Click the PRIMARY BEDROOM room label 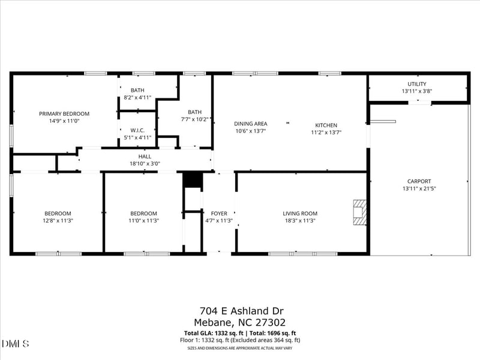pos(64,113)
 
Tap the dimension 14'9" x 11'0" pos(64,121)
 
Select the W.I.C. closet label pos(137,130)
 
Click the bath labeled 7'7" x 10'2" pos(194,112)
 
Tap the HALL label pos(145,157)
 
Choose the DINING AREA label pos(250,124)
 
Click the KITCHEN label pos(326,125)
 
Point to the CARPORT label pos(419,181)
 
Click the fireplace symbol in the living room pos(359,212)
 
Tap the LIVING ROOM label pos(300,214)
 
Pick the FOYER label pos(219,214)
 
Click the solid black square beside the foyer pos(191,180)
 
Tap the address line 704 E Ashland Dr pos(242,310)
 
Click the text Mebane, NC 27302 pos(242,322)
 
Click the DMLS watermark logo pos(15,343)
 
